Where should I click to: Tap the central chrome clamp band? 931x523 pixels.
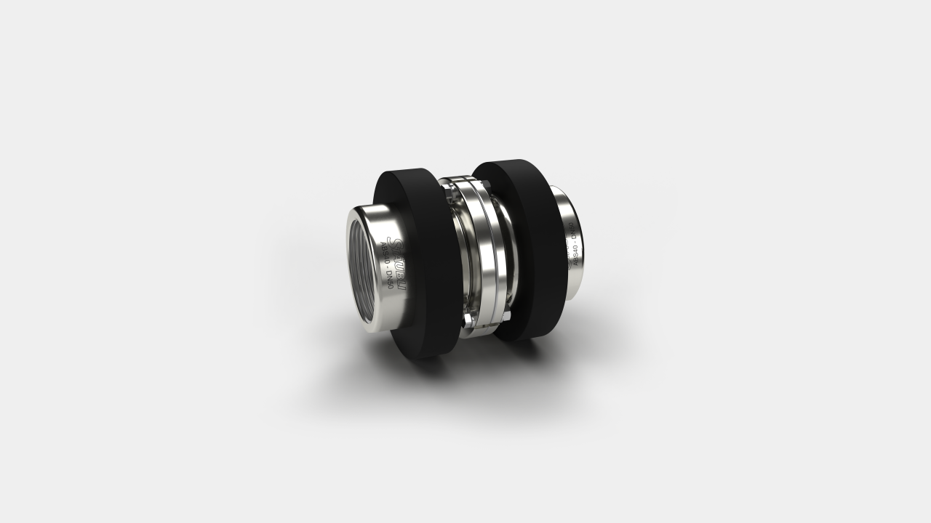click(x=480, y=254)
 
